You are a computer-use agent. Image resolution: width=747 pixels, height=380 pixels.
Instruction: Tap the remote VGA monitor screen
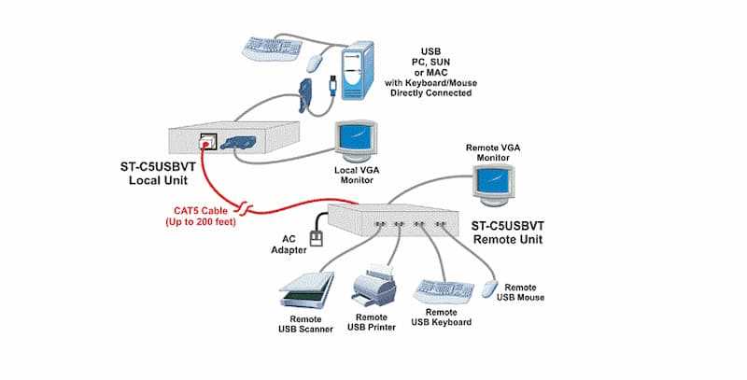click(x=492, y=181)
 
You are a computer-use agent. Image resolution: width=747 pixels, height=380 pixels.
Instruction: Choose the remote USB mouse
click(x=489, y=288)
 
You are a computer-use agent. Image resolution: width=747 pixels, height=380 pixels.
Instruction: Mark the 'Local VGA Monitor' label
click(x=355, y=176)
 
